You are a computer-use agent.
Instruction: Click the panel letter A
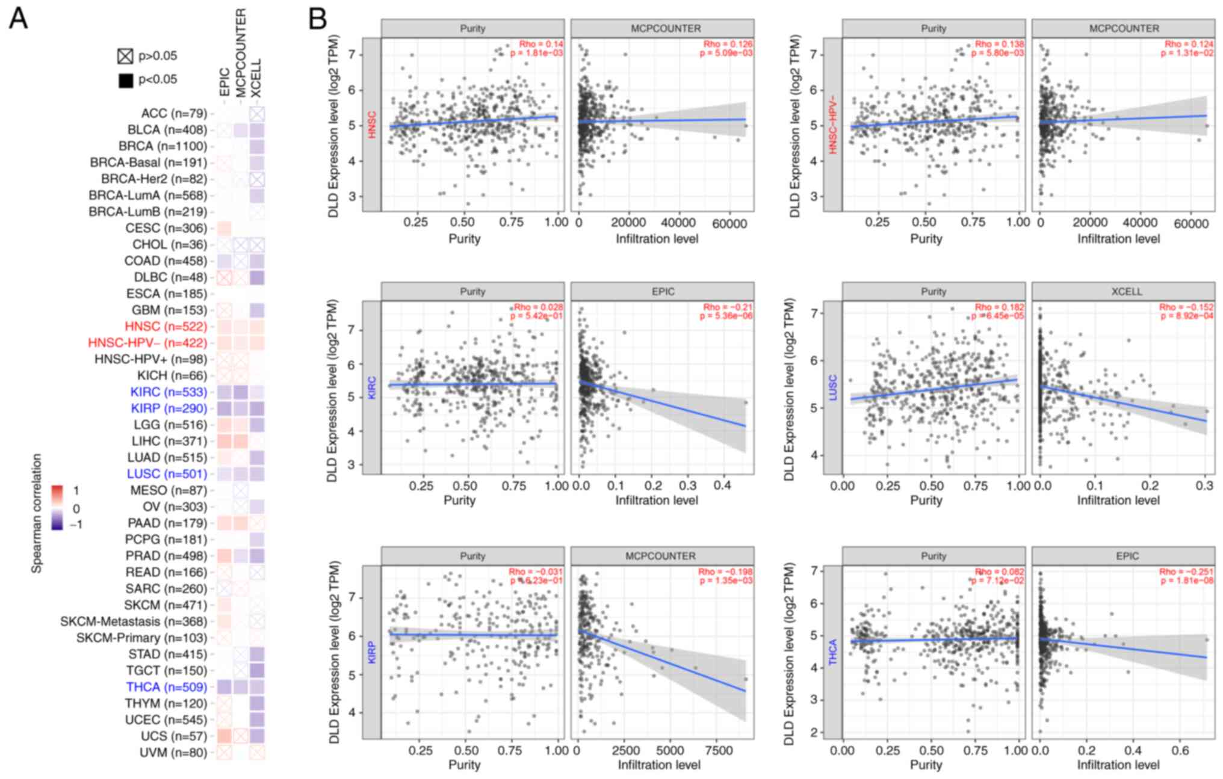pyautogui.click(x=19, y=19)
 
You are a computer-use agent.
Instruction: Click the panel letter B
pyautogui.click(x=317, y=19)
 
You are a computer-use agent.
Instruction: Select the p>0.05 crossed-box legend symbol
pyautogui.click(x=125, y=57)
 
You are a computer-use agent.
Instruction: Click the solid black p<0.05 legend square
pyautogui.click(x=125, y=80)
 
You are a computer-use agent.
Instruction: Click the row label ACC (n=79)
pyautogui.click(x=174, y=114)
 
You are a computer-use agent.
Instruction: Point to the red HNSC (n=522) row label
pyautogui.click(x=166, y=327)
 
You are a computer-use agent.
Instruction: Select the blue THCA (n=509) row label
pyautogui.click(x=166, y=687)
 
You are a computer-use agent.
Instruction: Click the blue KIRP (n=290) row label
pyautogui.click(x=169, y=408)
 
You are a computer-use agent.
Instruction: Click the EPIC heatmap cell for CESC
pyautogui.click(x=224, y=229)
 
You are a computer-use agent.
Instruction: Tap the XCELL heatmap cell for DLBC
pyautogui.click(x=257, y=278)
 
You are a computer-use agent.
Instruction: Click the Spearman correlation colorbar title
pyautogui.click(x=37, y=513)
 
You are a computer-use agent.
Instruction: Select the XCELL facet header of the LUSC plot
pyautogui.click(x=1126, y=292)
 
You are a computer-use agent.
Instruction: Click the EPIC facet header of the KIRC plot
pyautogui.click(x=663, y=292)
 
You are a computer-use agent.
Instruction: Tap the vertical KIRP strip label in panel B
pyautogui.click(x=371, y=653)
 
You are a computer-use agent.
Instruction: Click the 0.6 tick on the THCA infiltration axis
pyautogui.click(x=1180, y=751)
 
